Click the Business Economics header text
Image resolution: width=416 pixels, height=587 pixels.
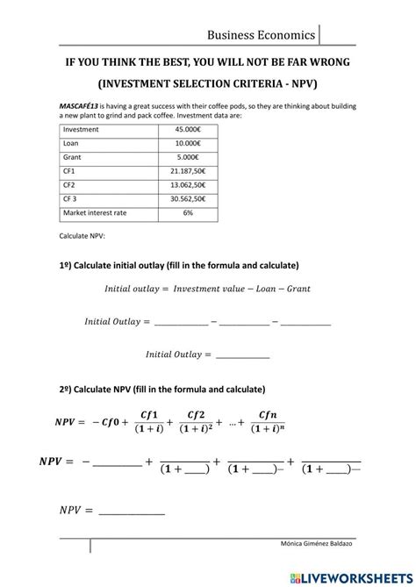pos(261,35)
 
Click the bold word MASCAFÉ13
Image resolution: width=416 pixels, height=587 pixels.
pos(81,104)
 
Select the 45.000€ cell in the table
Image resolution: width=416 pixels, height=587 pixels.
pos(189,130)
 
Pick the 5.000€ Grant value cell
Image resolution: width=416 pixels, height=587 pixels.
pos(189,158)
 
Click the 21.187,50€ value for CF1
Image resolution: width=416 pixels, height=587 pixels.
pos(189,172)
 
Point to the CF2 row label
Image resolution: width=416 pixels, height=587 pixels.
pos(69,186)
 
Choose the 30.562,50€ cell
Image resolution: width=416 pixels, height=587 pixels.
pos(189,199)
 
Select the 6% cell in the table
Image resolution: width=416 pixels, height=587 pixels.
pos(189,213)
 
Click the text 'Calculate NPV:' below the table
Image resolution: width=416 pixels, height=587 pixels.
pos(82,237)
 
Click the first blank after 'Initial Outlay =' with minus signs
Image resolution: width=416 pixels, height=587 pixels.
pos(181,323)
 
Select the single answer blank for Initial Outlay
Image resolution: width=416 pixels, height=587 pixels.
pos(242,355)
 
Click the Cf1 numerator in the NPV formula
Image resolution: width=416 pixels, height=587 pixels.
pos(149,415)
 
